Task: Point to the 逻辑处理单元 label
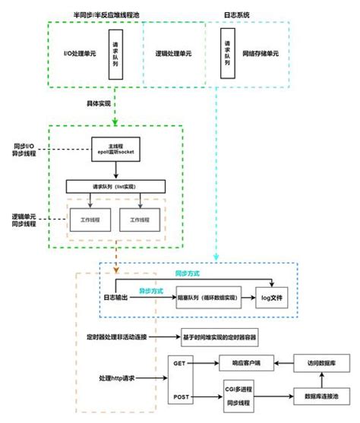[173, 55]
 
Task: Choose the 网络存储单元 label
[263, 55]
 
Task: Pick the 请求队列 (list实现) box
[115, 186]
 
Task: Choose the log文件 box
[273, 298]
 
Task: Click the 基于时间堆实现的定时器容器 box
[225, 336]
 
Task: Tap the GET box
[180, 364]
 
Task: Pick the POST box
[180, 396]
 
